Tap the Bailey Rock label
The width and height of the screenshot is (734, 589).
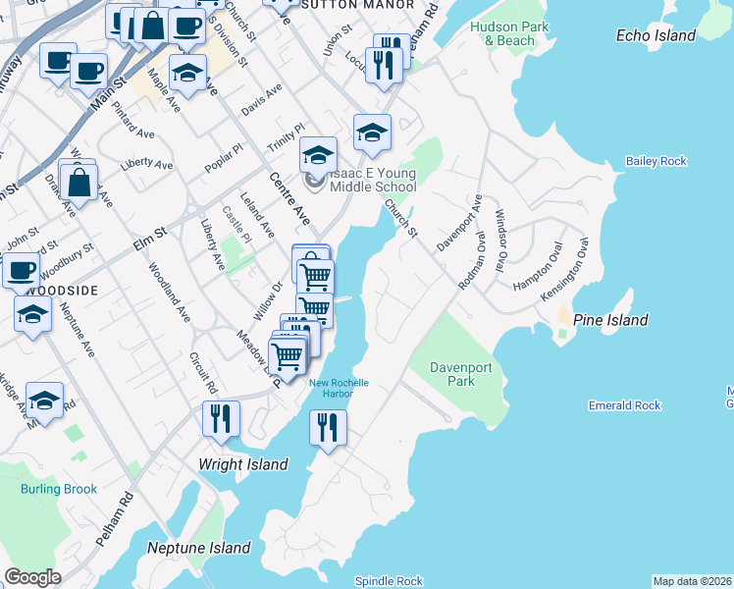[x=656, y=161]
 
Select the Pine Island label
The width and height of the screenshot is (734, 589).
[x=610, y=320]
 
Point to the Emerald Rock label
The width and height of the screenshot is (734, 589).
[x=624, y=405]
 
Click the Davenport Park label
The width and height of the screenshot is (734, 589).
[x=460, y=374]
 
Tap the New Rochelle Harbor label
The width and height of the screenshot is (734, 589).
[x=339, y=389]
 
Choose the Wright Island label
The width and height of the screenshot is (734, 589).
[x=243, y=464]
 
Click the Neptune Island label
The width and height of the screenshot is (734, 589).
[x=199, y=548]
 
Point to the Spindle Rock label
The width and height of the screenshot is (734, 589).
[x=389, y=581]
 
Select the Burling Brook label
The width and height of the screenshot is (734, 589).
[x=60, y=489]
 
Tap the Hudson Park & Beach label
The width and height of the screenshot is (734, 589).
[x=503, y=34]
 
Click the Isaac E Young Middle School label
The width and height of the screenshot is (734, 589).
[x=373, y=180]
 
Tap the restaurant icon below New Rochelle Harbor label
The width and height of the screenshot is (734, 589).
[x=328, y=427]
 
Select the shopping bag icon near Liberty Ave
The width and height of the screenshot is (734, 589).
[x=79, y=181]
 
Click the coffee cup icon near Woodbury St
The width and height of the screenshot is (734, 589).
[x=21, y=269]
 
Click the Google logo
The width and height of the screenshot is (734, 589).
[x=32, y=577]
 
